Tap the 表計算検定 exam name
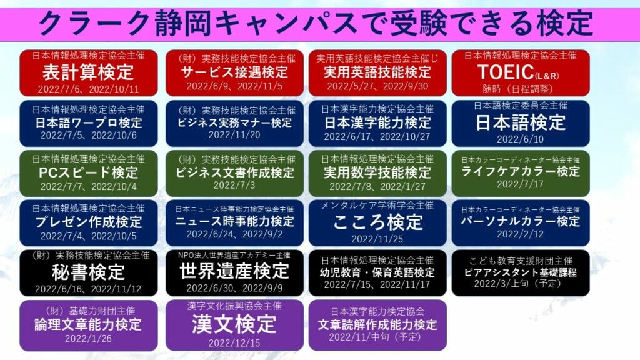pyautogui.click(x=88, y=72)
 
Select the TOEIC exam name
pyautogui.click(x=518, y=72)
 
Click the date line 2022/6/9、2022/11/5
pyautogui.click(x=234, y=86)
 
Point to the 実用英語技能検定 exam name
pyautogui.click(x=377, y=72)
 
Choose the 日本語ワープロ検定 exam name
pyautogui.click(x=89, y=122)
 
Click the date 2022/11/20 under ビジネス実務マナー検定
pyautogui.click(x=234, y=135)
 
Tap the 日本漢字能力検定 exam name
pyautogui.click(x=377, y=122)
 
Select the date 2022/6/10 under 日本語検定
pyautogui.click(x=521, y=139)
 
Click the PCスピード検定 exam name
pyautogui.click(x=89, y=172)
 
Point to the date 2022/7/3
pyautogui.click(x=234, y=185)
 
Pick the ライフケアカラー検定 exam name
pyautogui.click(x=521, y=171)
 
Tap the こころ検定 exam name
pyautogui.click(x=377, y=222)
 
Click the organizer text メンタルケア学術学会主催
pyautogui.click(x=377, y=205)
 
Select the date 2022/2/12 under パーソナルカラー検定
pyautogui.click(x=521, y=234)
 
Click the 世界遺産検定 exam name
pyautogui.click(x=234, y=271)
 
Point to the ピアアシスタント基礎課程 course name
pyautogui.click(x=521, y=272)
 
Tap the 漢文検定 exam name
pyautogui.click(x=234, y=324)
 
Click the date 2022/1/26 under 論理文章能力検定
pyautogui.click(x=88, y=338)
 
